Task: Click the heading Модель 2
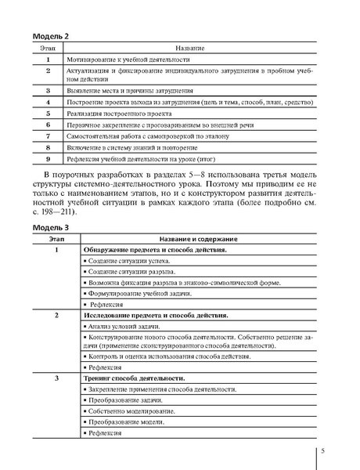50,36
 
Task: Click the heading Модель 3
50,226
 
